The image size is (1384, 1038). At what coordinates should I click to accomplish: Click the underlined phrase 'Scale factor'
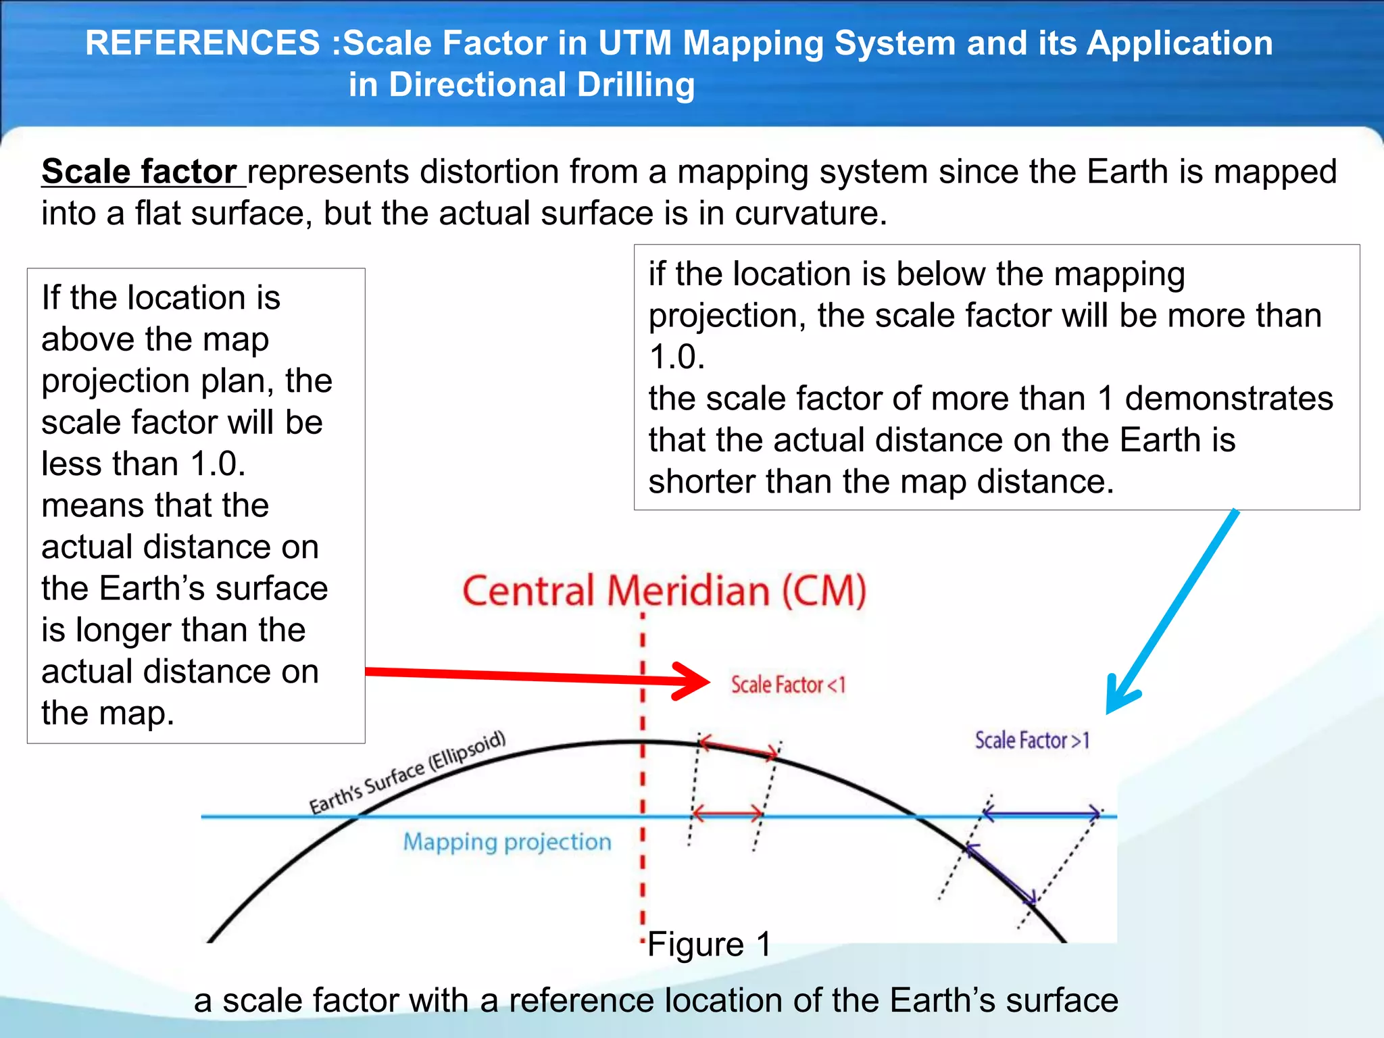(x=139, y=172)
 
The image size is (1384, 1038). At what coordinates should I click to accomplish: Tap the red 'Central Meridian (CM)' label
(x=664, y=591)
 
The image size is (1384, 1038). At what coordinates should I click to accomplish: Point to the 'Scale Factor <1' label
(x=788, y=685)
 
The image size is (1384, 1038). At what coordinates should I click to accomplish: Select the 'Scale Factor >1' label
(x=1032, y=741)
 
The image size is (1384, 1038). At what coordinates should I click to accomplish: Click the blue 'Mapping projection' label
(x=507, y=842)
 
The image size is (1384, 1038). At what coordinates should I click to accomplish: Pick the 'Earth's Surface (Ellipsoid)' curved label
(x=407, y=773)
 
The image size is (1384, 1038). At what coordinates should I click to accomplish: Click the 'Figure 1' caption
(x=709, y=944)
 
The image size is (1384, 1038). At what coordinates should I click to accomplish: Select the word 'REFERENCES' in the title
(x=203, y=43)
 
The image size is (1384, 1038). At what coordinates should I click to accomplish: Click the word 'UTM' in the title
(x=634, y=43)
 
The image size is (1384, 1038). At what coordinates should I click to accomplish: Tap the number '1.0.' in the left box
(x=218, y=464)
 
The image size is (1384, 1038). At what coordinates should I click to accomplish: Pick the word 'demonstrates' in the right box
(x=1229, y=399)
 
